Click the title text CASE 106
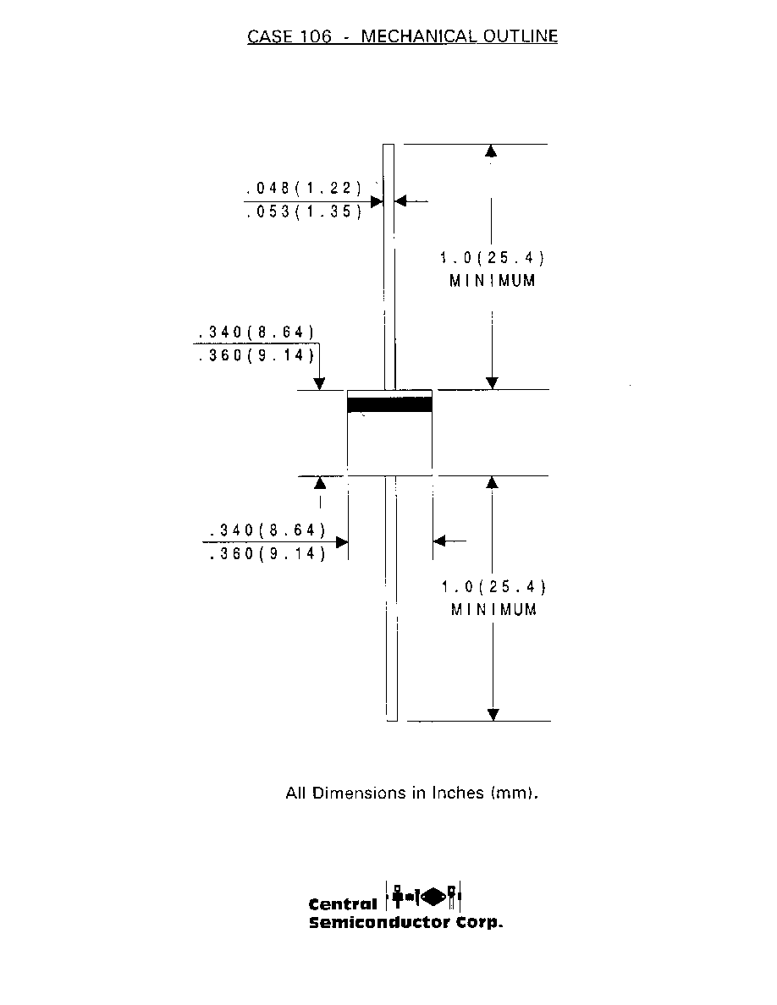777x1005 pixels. [289, 36]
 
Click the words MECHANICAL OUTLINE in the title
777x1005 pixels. [459, 36]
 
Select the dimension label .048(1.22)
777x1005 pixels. [304, 188]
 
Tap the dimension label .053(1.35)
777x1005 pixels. [305, 211]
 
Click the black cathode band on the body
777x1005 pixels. [389, 404]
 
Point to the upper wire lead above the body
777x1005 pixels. [388, 266]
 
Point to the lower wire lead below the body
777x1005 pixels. [391, 598]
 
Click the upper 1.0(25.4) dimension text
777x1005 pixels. [493, 258]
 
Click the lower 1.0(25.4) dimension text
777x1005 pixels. [493, 586]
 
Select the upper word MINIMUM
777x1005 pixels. [493, 281]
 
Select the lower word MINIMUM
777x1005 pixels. [493, 610]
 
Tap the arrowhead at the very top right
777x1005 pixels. [491, 151]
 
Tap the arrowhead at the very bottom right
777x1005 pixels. [493, 715]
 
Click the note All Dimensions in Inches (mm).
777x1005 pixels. [411, 793]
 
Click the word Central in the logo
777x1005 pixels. [343, 904]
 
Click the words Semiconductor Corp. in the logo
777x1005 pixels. [405, 923]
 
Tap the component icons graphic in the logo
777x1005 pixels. [423, 896]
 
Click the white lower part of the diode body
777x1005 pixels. [389, 443]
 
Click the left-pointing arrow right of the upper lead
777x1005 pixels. [411, 201]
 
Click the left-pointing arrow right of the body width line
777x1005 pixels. [449, 541]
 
